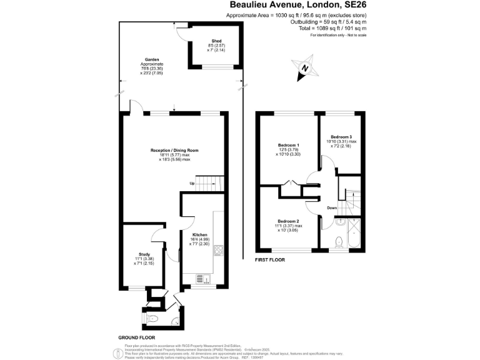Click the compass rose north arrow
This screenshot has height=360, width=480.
coord(304,68)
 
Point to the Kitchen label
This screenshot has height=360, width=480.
coord(200,234)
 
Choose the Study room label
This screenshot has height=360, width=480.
coord(144,254)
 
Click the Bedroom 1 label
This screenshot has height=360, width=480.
coord(288,145)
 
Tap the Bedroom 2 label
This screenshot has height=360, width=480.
coord(288,221)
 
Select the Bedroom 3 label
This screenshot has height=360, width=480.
coord(341,136)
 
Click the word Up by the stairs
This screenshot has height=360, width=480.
coord(193,183)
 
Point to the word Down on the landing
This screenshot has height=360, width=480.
coord(332,208)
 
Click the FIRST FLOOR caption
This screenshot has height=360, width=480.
coord(270,259)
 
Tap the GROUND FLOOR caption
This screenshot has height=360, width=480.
coord(136,337)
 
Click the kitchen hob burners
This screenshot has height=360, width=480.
coord(219,250)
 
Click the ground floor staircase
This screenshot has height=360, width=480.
coord(211,183)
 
